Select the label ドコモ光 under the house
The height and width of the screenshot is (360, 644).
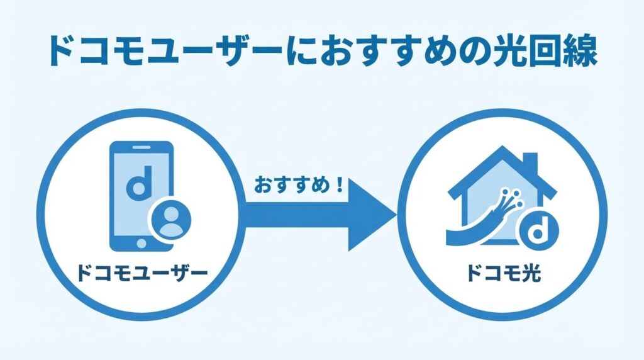click(x=504, y=274)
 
